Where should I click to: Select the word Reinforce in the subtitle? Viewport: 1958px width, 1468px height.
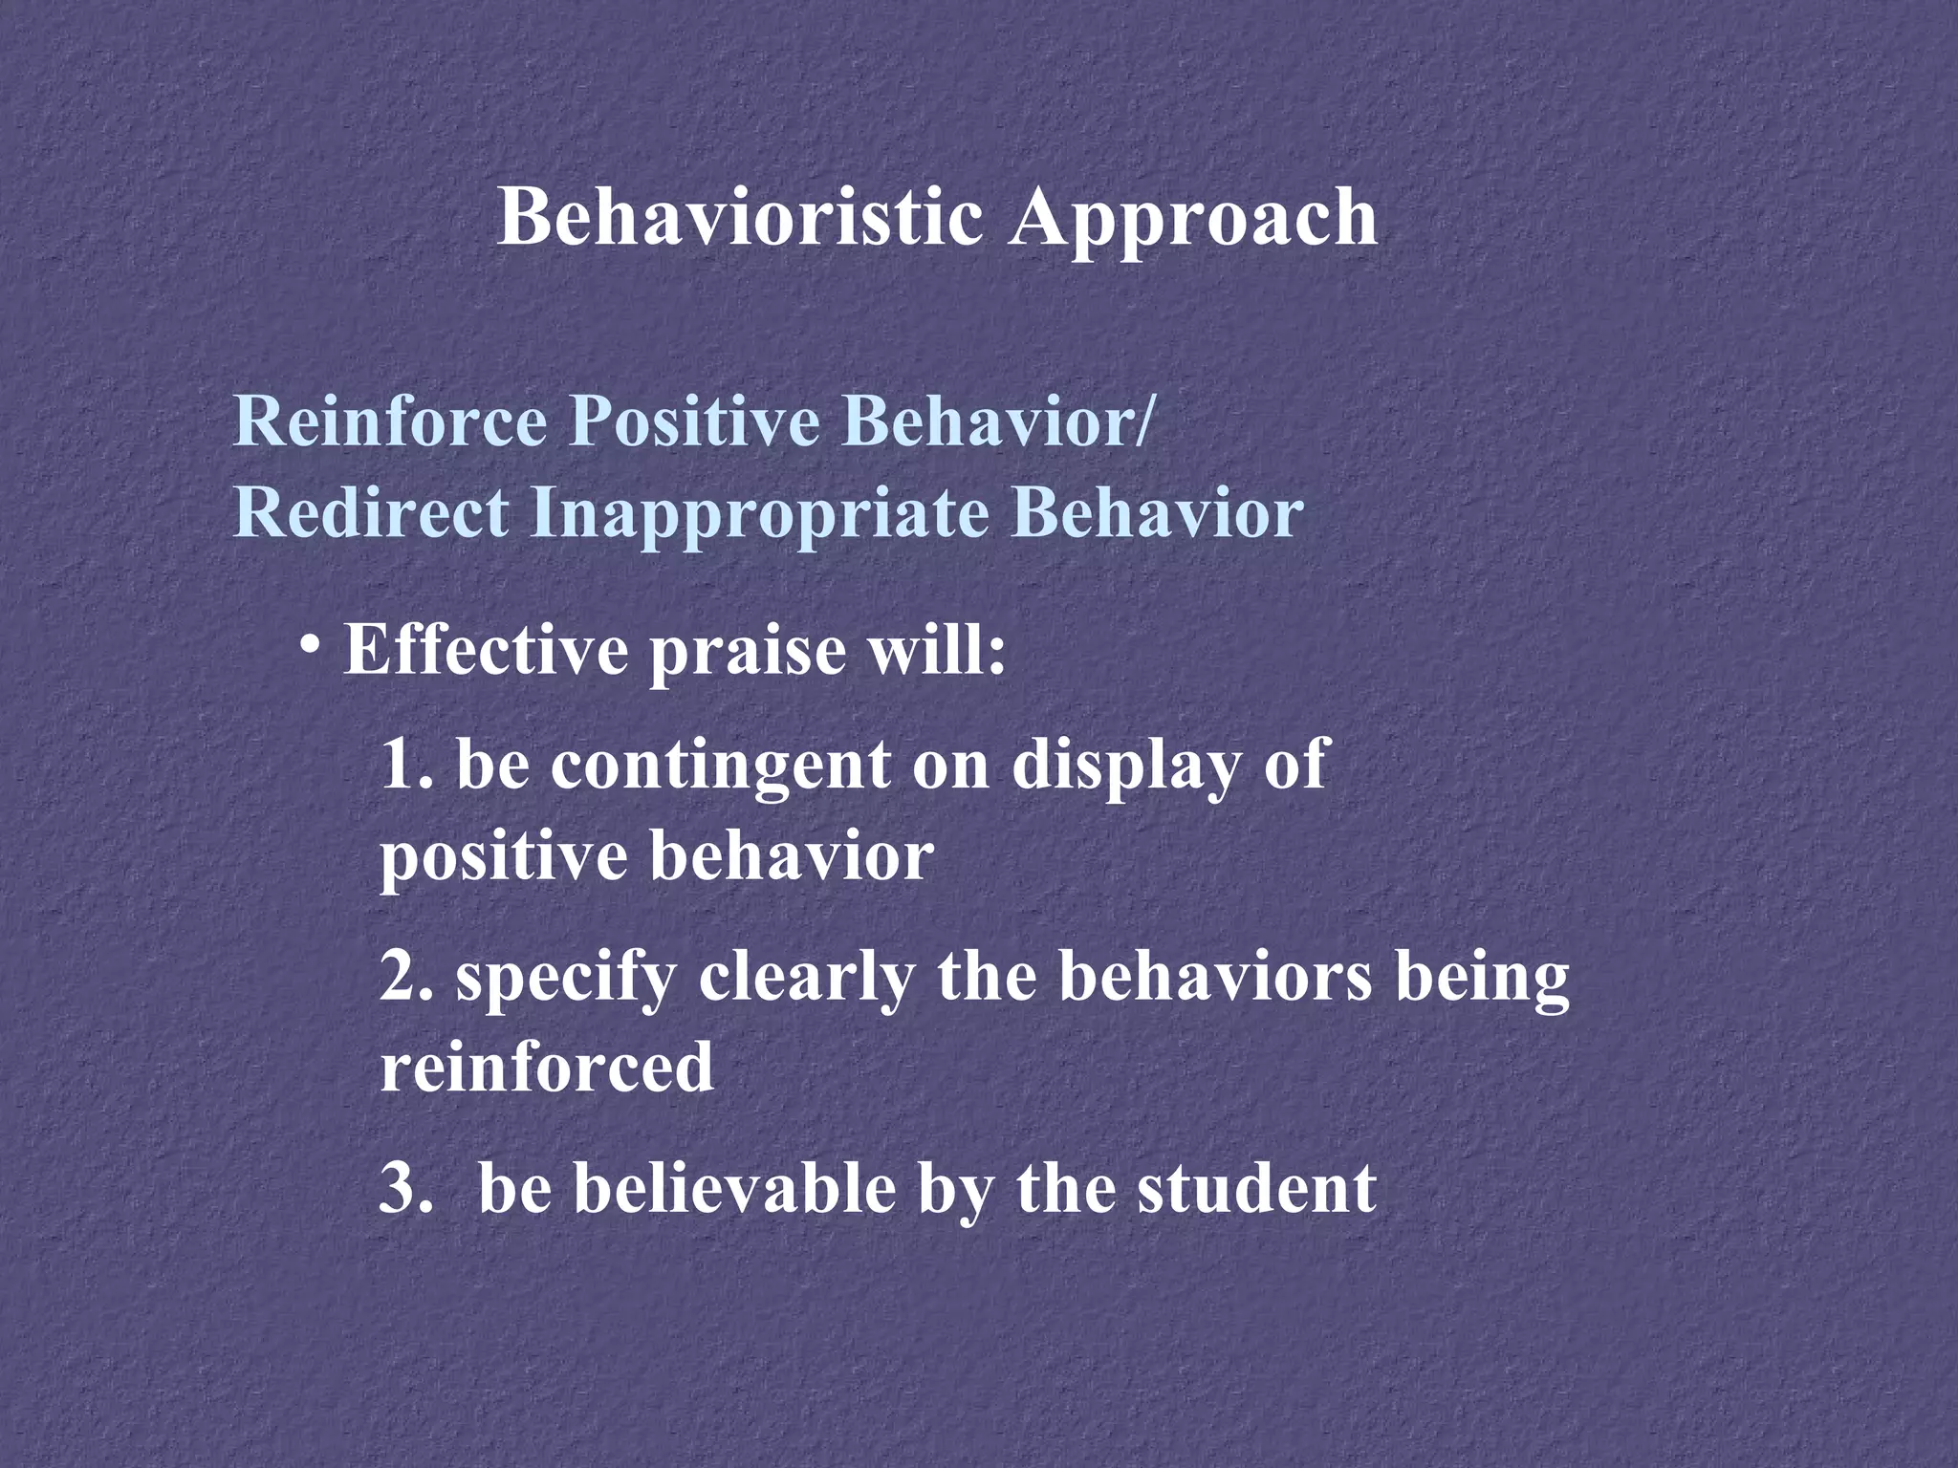click(390, 421)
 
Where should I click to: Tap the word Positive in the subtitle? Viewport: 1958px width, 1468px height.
click(694, 421)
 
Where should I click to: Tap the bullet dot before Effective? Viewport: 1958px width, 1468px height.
click(308, 644)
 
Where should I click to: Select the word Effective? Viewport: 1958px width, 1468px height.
click(486, 650)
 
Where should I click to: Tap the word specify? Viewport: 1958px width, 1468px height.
click(565, 982)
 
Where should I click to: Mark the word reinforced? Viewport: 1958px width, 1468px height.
click(547, 1068)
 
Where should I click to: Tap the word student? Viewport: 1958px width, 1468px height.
click(1256, 1189)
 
